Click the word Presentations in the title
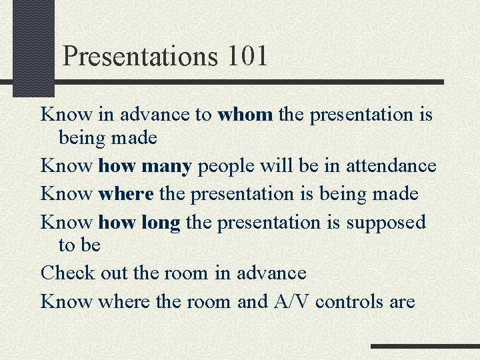(140, 56)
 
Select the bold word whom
(245, 115)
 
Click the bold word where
(126, 194)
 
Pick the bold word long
(161, 222)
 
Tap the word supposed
(385, 223)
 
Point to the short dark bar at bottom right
(425, 347)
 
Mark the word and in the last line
(252, 301)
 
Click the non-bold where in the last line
(126, 301)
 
